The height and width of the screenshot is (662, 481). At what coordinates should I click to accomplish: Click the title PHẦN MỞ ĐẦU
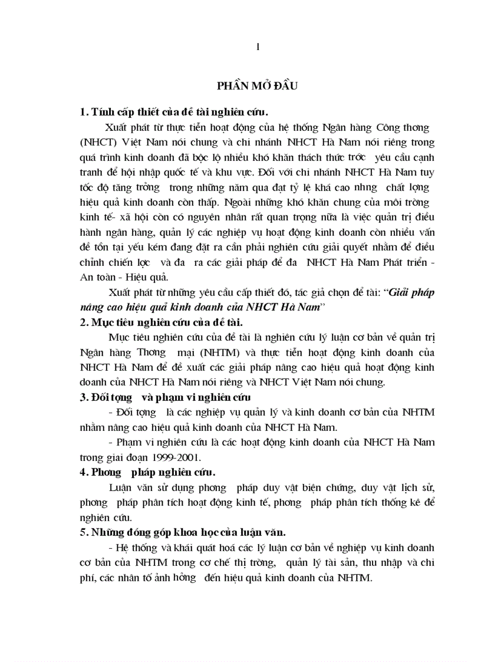click(258, 86)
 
